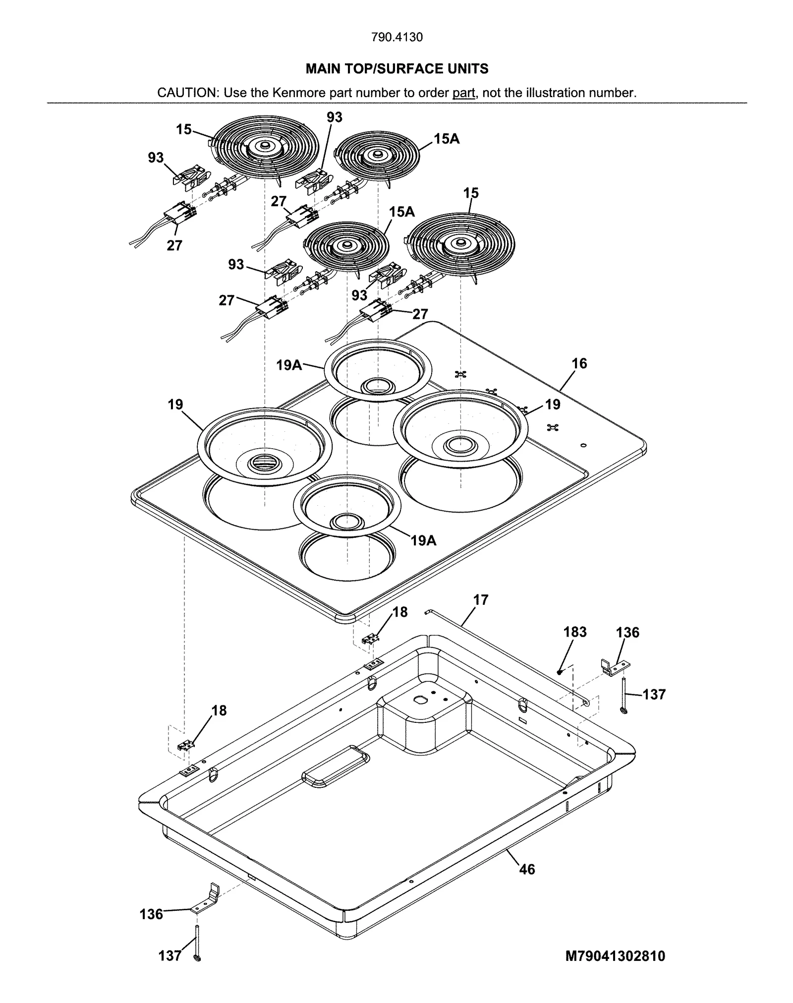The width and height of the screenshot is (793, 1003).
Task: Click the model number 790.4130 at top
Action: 397,37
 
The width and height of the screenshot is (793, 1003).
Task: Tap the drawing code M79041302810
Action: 615,956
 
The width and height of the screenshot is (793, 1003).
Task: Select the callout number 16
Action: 579,363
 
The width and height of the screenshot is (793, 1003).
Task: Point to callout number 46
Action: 527,869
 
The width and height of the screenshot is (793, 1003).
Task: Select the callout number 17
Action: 480,600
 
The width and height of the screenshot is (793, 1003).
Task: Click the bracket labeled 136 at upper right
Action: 615,667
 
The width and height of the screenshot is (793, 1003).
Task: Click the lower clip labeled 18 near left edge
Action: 186,744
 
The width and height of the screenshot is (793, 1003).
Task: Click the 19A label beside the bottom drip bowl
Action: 423,540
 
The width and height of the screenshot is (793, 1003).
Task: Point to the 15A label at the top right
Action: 447,139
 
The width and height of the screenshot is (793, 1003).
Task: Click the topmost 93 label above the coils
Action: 335,117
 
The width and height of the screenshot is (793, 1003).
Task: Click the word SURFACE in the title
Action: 405,68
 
